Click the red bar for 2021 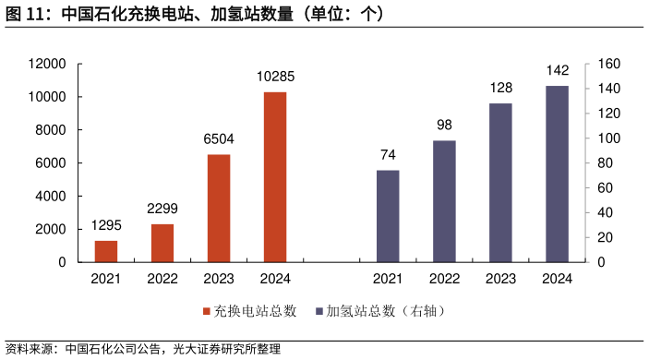106,251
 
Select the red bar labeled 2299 162,243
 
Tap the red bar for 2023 219,208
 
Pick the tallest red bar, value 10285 275,176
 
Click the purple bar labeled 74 388,216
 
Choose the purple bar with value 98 444,201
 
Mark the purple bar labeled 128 500,183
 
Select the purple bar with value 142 557,174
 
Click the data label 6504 219,139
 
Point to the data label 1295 106,226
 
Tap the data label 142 557,70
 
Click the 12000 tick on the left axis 48,64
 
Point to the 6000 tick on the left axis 52,163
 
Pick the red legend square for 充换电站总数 207,311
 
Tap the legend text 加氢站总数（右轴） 386,311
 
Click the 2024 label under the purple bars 557,279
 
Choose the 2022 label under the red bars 162,279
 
